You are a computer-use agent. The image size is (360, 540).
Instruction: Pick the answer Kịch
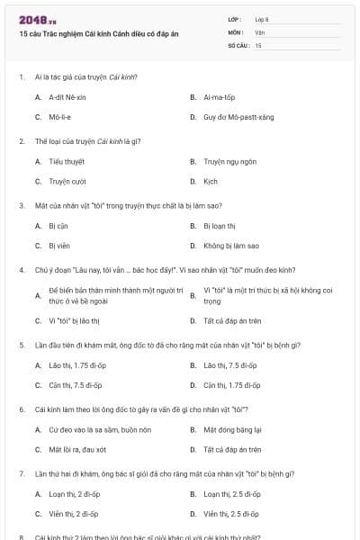211,181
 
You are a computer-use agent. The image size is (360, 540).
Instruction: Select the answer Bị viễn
59,245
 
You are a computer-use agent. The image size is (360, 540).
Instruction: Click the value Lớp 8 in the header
262,19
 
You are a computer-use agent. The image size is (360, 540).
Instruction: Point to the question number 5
22,345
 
